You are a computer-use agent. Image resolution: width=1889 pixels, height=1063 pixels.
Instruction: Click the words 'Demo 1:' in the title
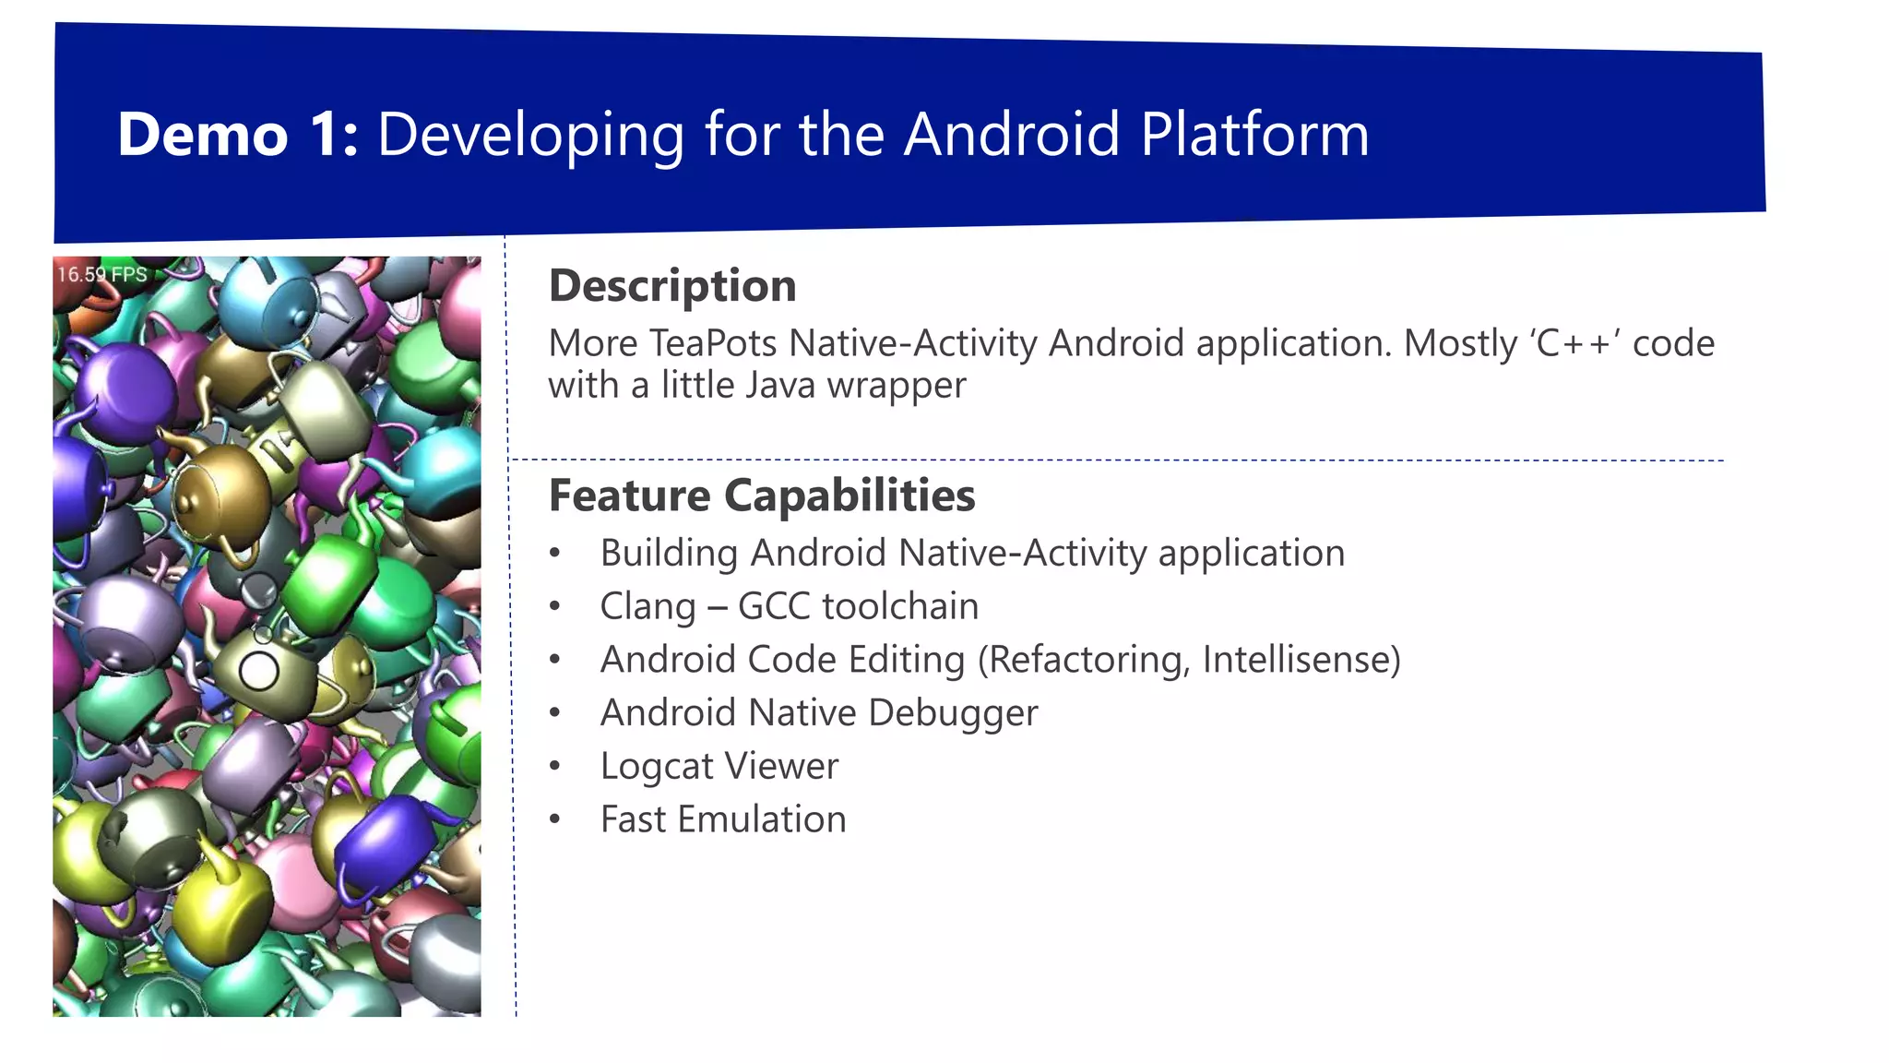pyautogui.click(x=237, y=136)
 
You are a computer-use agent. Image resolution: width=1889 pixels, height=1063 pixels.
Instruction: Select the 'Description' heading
pyautogui.click(x=671, y=285)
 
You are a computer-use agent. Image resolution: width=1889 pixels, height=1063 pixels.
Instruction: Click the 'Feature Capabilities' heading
pyautogui.click(x=761, y=496)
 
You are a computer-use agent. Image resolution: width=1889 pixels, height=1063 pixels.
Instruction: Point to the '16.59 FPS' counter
pyautogui.click(x=101, y=274)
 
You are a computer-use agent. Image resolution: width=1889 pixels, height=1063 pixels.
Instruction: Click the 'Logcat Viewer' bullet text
pyautogui.click(x=719, y=766)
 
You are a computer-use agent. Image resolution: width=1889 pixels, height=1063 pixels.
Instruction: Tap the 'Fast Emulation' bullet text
pyautogui.click(x=722, y=819)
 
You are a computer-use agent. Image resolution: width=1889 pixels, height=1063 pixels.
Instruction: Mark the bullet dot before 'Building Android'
pyautogui.click(x=554, y=554)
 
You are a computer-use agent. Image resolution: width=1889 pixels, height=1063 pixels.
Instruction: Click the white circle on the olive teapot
pyautogui.click(x=259, y=671)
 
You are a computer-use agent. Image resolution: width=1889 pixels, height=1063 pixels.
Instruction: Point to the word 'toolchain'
pyautogui.click(x=899, y=607)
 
